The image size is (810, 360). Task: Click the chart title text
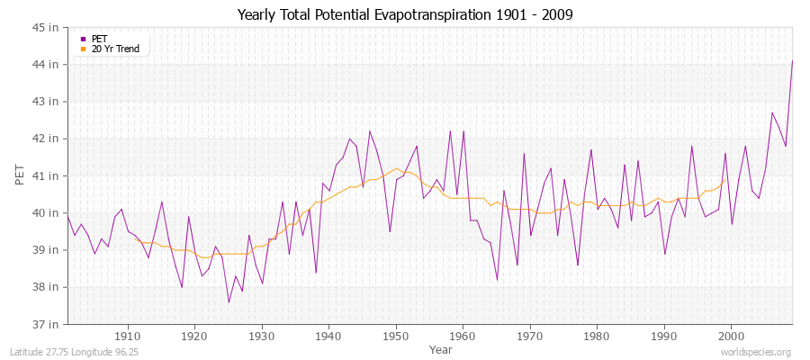pos(404,14)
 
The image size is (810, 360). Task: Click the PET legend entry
pos(98,39)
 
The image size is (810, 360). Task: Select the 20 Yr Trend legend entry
pos(115,49)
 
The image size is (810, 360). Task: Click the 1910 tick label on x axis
pos(128,337)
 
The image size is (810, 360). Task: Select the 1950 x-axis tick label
pos(396,337)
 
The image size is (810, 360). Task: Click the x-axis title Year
pos(440,348)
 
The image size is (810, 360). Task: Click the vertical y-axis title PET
pos(21,175)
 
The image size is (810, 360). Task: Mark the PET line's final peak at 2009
pos(792,61)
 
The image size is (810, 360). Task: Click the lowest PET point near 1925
pos(229,302)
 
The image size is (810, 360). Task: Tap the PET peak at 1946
pos(369,131)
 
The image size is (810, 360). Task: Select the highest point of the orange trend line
pos(396,168)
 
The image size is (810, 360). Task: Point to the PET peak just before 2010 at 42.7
pos(771,112)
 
